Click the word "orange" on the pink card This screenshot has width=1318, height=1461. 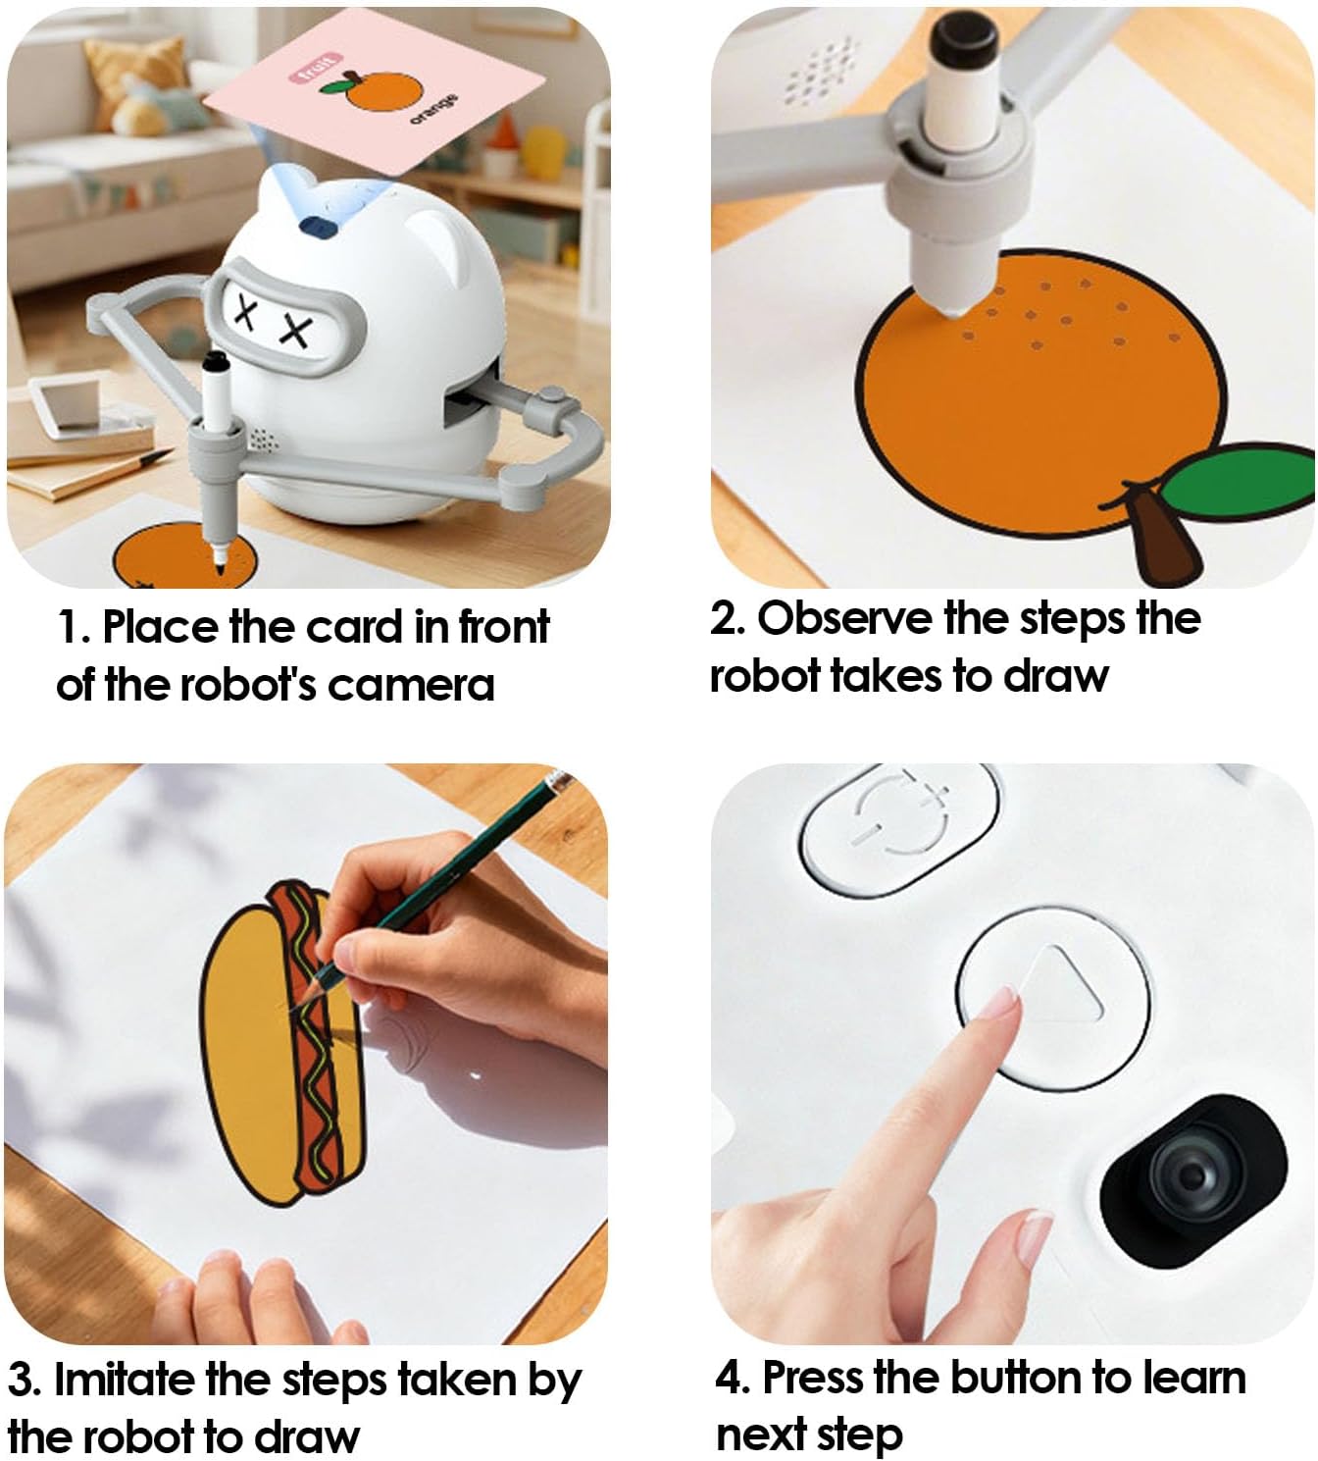[433, 108]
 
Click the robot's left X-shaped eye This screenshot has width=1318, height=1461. [246, 314]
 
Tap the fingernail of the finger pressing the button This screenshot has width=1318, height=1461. [998, 1007]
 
